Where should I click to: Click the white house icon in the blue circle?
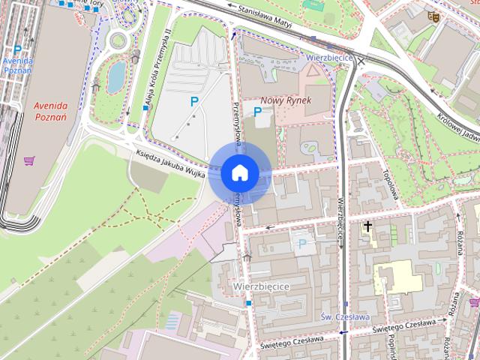click(x=239, y=173)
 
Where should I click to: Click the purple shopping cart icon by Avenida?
click(x=29, y=160)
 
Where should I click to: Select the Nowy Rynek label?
click(x=281, y=100)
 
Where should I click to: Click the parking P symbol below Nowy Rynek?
click(x=258, y=112)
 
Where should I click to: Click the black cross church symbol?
click(x=368, y=225)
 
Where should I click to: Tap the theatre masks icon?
click(x=432, y=16)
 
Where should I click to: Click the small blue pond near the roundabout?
click(x=116, y=76)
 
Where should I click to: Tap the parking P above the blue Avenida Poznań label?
click(x=17, y=49)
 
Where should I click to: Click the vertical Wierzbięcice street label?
click(x=343, y=217)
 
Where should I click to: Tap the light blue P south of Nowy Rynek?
click(x=302, y=244)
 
